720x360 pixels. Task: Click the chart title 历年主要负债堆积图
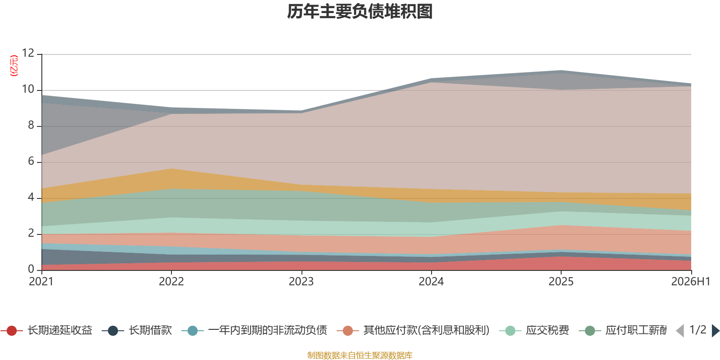click(360, 12)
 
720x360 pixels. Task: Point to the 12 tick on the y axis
click(28, 53)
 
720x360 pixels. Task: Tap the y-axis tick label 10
click(28, 89)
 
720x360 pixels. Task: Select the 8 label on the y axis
click(31, 125)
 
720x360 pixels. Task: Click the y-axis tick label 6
click(31, 161)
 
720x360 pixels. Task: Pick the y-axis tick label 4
click(31, 197)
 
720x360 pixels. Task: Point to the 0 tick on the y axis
click(31, 269)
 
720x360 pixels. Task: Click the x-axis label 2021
click(41, 282)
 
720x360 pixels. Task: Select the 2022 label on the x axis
click(171, 282)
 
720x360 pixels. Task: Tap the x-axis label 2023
click(301, 282)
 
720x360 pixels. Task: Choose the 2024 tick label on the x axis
click(431, 282)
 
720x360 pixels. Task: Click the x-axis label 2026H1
click(690, 282)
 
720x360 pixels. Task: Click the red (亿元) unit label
click(14, 66)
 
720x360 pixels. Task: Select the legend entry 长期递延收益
click(47, 330)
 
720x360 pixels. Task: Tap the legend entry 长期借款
click(137, 330)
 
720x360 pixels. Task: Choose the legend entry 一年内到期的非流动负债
click(254, 330)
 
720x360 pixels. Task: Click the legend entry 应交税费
click(534, 330)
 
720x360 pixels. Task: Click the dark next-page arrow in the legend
click(715, 330)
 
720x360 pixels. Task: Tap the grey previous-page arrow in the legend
click(680, 330)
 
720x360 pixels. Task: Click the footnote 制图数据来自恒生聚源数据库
click(360, 355)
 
